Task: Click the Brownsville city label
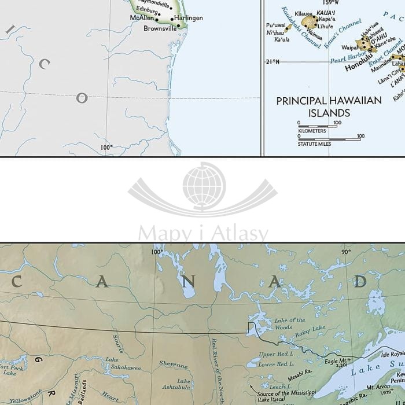[160, 28]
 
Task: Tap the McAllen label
[142, 19]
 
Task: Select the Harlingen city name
[189, 18]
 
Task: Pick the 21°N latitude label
[272, 62]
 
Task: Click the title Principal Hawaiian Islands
[329, 106]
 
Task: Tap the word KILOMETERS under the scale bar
[312, 131]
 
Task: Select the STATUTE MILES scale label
[315, 143]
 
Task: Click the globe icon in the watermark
[203, 186]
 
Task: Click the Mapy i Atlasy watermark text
[203, 234]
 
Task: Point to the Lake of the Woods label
[289, 324]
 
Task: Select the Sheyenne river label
[174, 366]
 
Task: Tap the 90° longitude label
[346, 252]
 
